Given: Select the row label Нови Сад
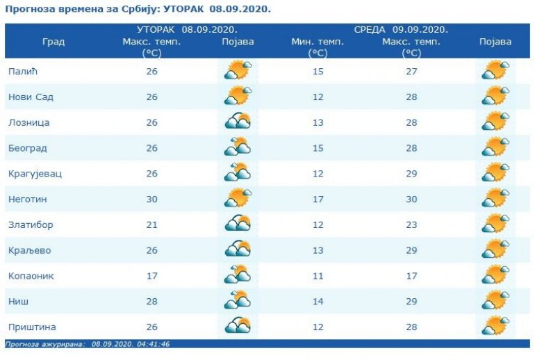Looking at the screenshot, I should pyautogui.click(x=31, y=97).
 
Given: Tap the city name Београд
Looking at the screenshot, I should pyautogui.click(x=27, y=148).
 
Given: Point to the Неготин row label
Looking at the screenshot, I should pyautogui.click(x=28, y=199).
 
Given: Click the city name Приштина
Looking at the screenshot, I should pyautogui.click(x=32, y=327).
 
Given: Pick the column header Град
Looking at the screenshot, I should pyautogui.click(x=53, y=42).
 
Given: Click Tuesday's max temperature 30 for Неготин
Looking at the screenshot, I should pyautogui.click(x=151, y=199).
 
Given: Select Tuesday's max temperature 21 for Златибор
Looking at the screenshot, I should pyautogui.click(x=151, y=225).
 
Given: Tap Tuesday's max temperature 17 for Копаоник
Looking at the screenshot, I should pyautogui.click(x=151, y=276).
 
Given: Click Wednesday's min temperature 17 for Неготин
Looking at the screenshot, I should pyautogui.click(x=318, y=199).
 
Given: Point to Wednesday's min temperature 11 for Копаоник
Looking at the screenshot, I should pyautogui.click(x=318, y=276).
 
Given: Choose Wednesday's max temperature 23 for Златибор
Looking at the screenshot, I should pyautogui.click(x=411, y=225).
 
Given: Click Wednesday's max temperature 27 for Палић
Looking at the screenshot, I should pyautogui.click(x=411, y=72).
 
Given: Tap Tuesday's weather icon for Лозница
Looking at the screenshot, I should pyautogui.click(x=238, y=122).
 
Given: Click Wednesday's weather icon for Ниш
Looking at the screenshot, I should pyautogui.click(x=495, y=302).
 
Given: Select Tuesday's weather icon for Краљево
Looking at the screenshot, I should pyautogui.click(x=238, y=250).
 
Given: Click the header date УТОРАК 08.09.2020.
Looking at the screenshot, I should pyautogui.click(x=187, y=30).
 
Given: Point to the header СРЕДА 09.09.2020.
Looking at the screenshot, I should pyautogui.click(x=401, y=30).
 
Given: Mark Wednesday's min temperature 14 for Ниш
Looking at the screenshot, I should pyautogui.click(x=318, y=302).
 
